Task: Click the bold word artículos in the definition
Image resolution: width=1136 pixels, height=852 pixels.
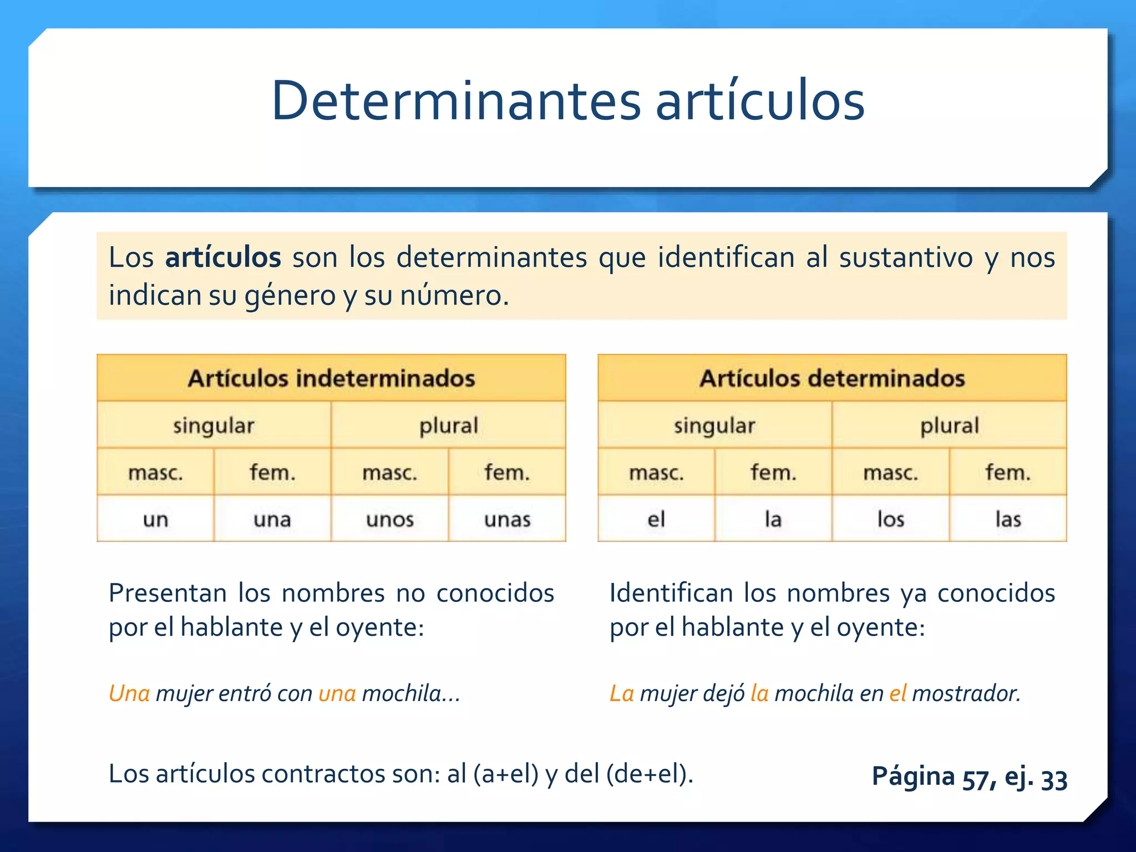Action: click(223, 258)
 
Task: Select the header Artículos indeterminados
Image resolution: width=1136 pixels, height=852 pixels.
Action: click(331, 378)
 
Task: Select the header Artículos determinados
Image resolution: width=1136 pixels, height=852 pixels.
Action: click(832, 378)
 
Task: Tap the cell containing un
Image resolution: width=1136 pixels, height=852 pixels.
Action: click(155, 519)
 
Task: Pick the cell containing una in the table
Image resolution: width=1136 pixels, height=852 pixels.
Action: click(272, 519)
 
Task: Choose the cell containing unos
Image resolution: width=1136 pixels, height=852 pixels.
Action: click(390, 519)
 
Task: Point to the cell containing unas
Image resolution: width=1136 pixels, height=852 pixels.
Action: click(508, 519)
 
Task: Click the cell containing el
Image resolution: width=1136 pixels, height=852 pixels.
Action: click(656, 519)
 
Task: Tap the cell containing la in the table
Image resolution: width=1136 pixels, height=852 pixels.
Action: click(773, 519)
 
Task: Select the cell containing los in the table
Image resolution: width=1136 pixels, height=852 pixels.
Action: click(891, 519)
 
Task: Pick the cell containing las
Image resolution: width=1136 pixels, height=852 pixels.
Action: click(1008, 519)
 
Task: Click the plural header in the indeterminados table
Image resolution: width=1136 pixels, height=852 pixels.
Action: click(448, 425)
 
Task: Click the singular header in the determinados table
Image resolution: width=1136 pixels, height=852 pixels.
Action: click(714, 425)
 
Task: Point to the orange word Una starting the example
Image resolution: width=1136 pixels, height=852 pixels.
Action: click(129, 693)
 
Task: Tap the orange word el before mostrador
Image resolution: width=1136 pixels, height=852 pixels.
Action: click(897, 693)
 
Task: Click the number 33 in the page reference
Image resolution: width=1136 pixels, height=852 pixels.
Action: click(1054, 779)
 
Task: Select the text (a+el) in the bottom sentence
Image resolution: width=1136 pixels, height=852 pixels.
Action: click(506, 774)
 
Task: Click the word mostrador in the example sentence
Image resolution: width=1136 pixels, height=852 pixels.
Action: click(966, 693)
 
